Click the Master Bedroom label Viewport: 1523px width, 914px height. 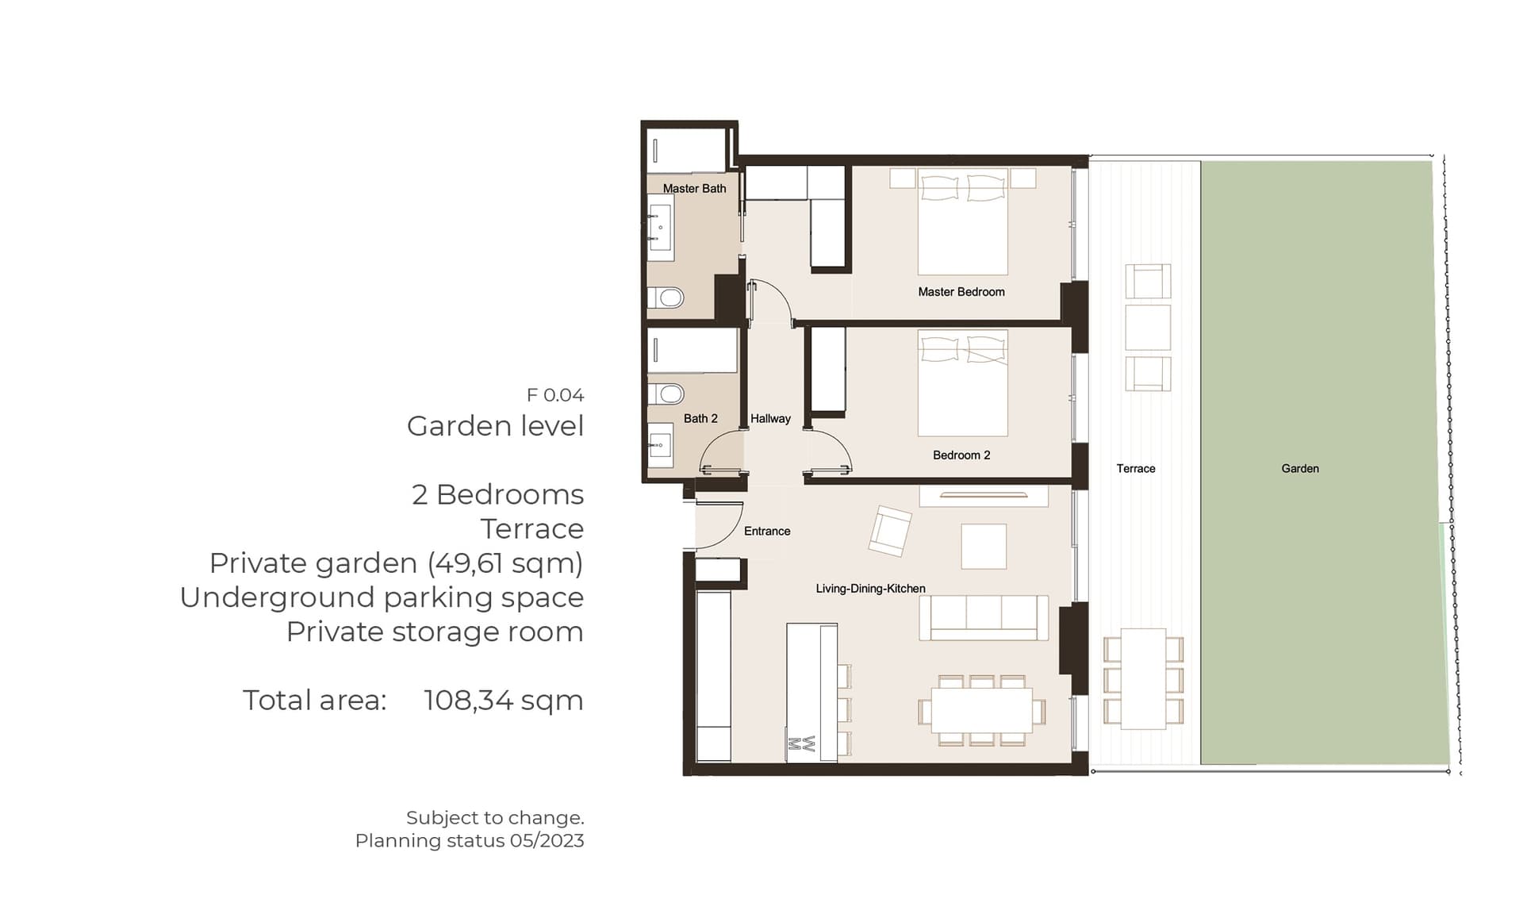pyautogui.click(x=961, y=292)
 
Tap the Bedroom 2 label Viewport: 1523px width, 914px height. pyautogui.click(x=961, y=455)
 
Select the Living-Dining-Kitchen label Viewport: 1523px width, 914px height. pyautogui.click(x=871, y=589)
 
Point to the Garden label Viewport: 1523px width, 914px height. pyautogui.click(x=1300, y=469)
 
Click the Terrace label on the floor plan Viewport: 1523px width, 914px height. pyautogui.click(x=1136, y=469)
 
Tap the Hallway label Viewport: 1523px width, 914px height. pyautogui.click(x=770, y=419)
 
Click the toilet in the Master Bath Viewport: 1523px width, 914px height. pyautogui.click(x=666, y=298)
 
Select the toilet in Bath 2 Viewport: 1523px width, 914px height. pyautogui.click(x=666, y=394)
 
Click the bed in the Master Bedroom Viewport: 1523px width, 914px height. pyautogui.click(x=963, y=221)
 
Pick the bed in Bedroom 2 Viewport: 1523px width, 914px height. pyautogui.click(x=963, y=383)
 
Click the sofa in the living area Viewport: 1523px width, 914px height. pyautogui.click(x=984, y=618)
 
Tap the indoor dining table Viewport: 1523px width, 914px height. pyautogui.click(x=982, y=710)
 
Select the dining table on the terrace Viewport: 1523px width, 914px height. pyautogui.click(x=1143, y=679)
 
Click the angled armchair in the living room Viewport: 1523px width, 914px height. pyautogui.click(x=890, y=531)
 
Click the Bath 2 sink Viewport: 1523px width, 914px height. pyautogui.click(x=660, y=445)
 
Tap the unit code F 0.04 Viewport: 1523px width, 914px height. pyautogui.click(x=555, y=395)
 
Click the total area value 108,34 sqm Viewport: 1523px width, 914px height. pyautogui.click(x=504, y=701)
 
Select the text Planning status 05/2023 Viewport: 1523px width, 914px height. pyautogui.click(x=470, y=841)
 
